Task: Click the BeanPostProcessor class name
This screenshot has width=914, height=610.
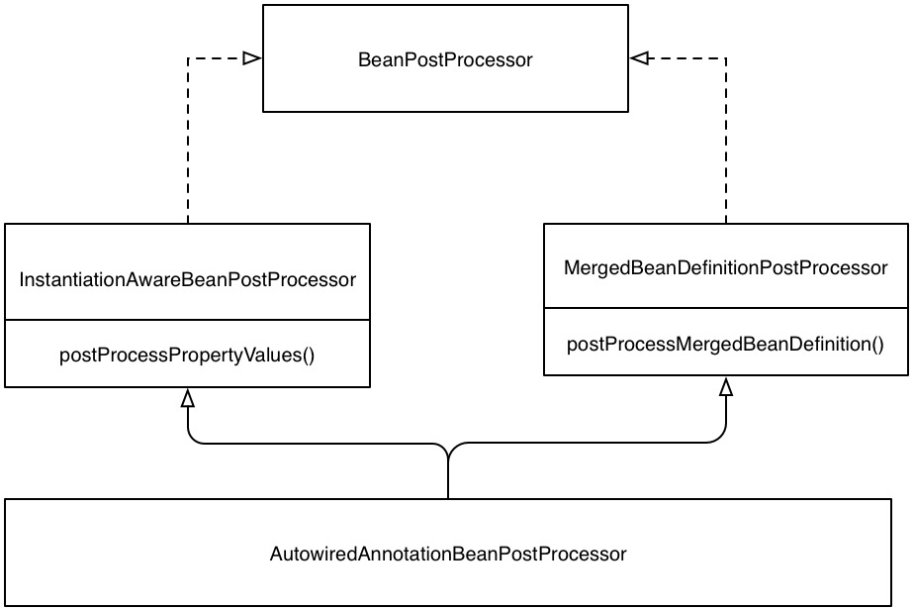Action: pos(445,59)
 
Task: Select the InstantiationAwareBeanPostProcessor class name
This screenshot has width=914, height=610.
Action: pos(188,279)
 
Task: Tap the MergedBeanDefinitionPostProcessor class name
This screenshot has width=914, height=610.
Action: pos(726,268)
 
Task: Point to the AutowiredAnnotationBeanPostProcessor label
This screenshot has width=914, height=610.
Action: pos(448,554)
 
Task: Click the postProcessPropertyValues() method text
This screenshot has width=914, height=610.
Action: pos(187,355)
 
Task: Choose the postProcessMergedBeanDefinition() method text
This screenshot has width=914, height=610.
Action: pos(726,344)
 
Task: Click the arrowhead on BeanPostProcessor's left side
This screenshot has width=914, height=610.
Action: pos(252,58)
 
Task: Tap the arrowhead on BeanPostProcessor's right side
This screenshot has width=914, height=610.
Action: pos(639,58)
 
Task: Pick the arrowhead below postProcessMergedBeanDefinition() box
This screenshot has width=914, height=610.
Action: pos(726,386)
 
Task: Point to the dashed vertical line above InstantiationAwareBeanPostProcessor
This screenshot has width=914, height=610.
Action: pos(188,141)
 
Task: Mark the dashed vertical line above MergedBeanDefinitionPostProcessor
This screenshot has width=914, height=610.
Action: pos(726,141)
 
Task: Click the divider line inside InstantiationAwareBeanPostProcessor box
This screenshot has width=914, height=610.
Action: pos(188,320)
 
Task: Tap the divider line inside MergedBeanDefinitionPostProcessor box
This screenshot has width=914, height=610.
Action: pos(726,308)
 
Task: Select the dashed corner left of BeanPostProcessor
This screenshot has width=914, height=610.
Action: pos(188,58)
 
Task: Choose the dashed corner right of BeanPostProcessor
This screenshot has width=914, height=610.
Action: pos(726,58)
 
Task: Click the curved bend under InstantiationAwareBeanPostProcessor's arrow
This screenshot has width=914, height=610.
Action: pos(193,439)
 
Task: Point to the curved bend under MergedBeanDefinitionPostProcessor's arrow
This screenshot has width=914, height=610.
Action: pos(720,438)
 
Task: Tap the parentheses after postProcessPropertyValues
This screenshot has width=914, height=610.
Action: pos(309,355)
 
